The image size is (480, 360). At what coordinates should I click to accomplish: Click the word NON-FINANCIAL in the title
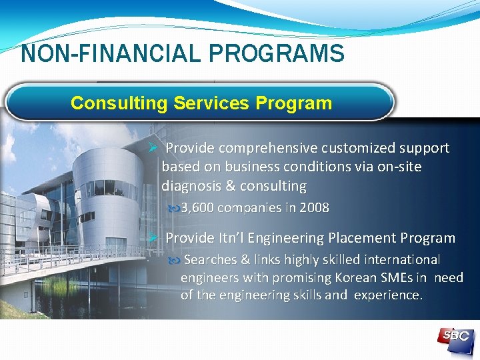tap(99, 53)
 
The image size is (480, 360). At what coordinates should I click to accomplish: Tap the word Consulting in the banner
tap(119, 103)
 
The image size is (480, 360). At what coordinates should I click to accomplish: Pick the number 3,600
tap(197, 208)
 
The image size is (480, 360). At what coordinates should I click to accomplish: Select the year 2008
tap(314, 208)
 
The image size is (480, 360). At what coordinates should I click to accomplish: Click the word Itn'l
tap(235, 238)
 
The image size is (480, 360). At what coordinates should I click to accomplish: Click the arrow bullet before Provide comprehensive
tap(152, 148)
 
